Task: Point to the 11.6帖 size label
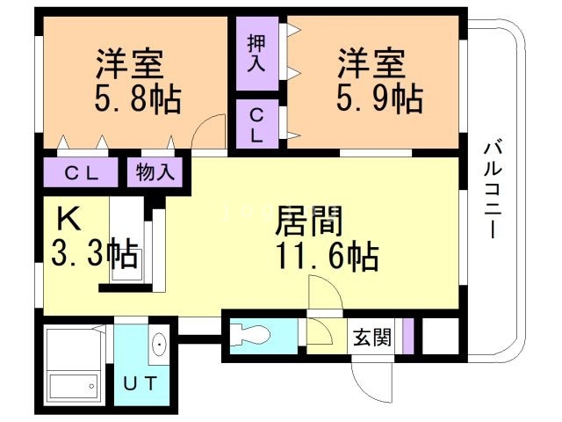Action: (327, 257)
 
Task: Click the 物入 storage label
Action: (155, 171)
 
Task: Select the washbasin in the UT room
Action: (158, 344)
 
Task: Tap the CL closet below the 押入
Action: (256, 125)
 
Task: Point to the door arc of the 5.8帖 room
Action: (205, 136)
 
